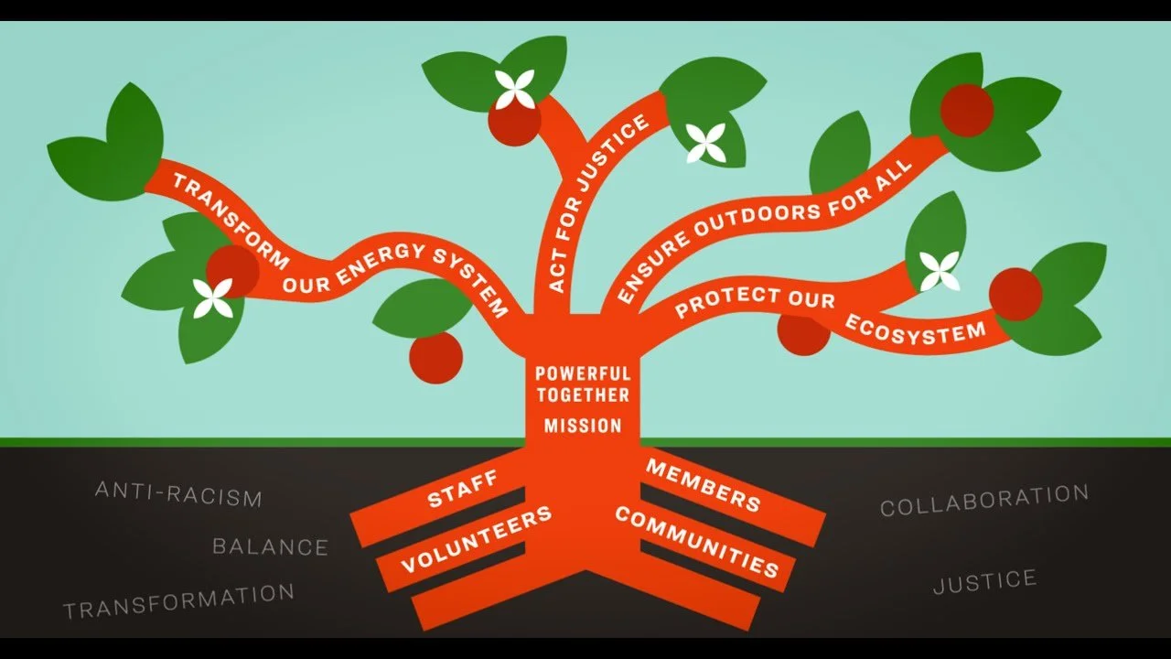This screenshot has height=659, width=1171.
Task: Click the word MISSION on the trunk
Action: [x=583, y=426]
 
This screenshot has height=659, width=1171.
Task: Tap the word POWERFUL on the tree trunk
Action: [x=583, y=373]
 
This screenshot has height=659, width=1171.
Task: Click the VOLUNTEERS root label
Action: [x=477, y=538]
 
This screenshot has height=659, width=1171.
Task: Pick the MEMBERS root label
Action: [x=704, y=485]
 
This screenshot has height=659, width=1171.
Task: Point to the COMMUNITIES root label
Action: [x=697, y=542]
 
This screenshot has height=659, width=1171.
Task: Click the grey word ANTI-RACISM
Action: [x=178, y=494]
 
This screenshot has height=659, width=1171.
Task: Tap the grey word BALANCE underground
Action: [x=270, y=547]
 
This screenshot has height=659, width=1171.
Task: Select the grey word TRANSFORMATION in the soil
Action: [x=178, y=600]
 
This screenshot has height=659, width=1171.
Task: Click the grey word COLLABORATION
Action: [x=984, y=500]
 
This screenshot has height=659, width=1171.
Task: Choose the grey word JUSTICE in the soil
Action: [x=984, y=581]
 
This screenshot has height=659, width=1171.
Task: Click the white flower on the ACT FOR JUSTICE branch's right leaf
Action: [x=705, y=143]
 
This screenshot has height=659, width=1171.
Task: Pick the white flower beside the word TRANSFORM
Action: [x=213, y=298]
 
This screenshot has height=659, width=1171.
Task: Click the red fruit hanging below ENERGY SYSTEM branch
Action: [x=435, y=358]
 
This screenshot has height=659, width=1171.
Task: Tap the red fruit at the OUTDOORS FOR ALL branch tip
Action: [x=967, y=110]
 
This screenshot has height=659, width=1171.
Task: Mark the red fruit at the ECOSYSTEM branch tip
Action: [x=1015, y=294]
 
